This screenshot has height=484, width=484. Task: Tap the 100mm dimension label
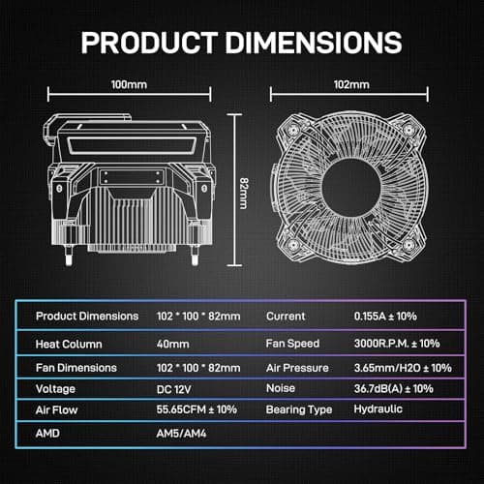point(130,85)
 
